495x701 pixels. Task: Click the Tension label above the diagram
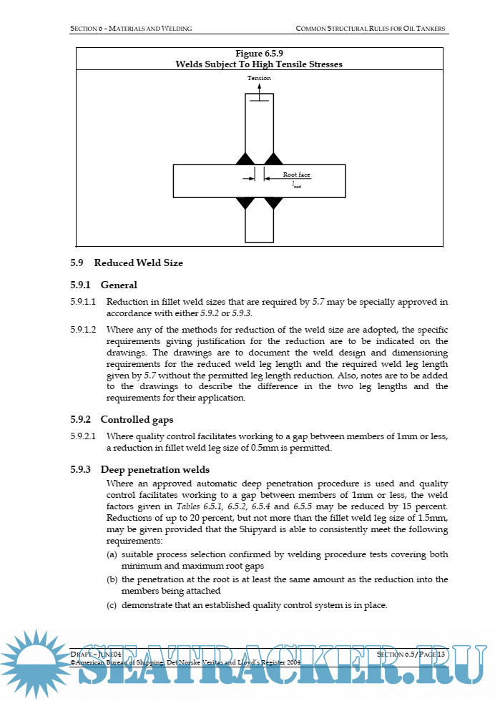[x=259, y=78]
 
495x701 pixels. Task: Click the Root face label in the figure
[x=296, y=175]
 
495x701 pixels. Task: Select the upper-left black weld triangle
[x=245, y=158]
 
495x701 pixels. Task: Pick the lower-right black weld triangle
[x=272, y=202]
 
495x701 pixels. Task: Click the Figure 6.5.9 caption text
[x=259, y=54]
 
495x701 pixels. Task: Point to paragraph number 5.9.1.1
[x=84, y=302]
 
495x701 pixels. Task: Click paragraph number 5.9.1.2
[x=84, y=330]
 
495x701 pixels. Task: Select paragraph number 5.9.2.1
[x=84, y=436]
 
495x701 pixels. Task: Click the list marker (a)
[x=112, y=555]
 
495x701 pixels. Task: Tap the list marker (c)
[x=112, y=605]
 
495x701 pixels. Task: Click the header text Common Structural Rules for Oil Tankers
[x=371, y=29]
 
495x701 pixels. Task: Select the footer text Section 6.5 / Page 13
[x=411, y=655]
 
